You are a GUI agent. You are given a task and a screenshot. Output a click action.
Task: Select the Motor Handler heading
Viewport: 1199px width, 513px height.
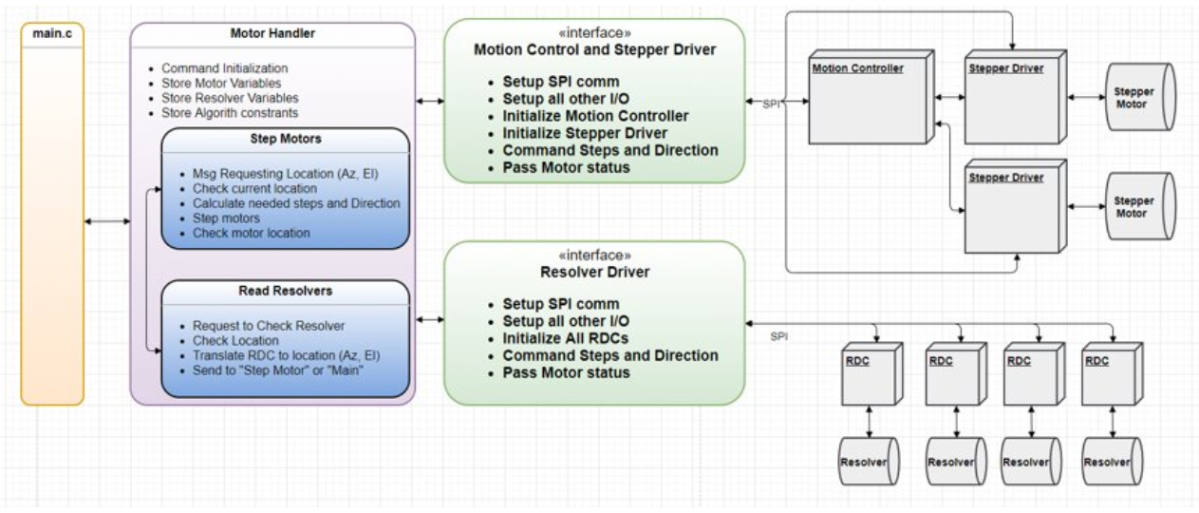point(272,34)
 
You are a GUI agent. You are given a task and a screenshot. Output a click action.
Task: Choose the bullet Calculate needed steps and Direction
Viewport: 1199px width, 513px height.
point(295,203)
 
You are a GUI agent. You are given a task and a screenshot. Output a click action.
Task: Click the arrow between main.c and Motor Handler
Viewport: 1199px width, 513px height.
point(106,221)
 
